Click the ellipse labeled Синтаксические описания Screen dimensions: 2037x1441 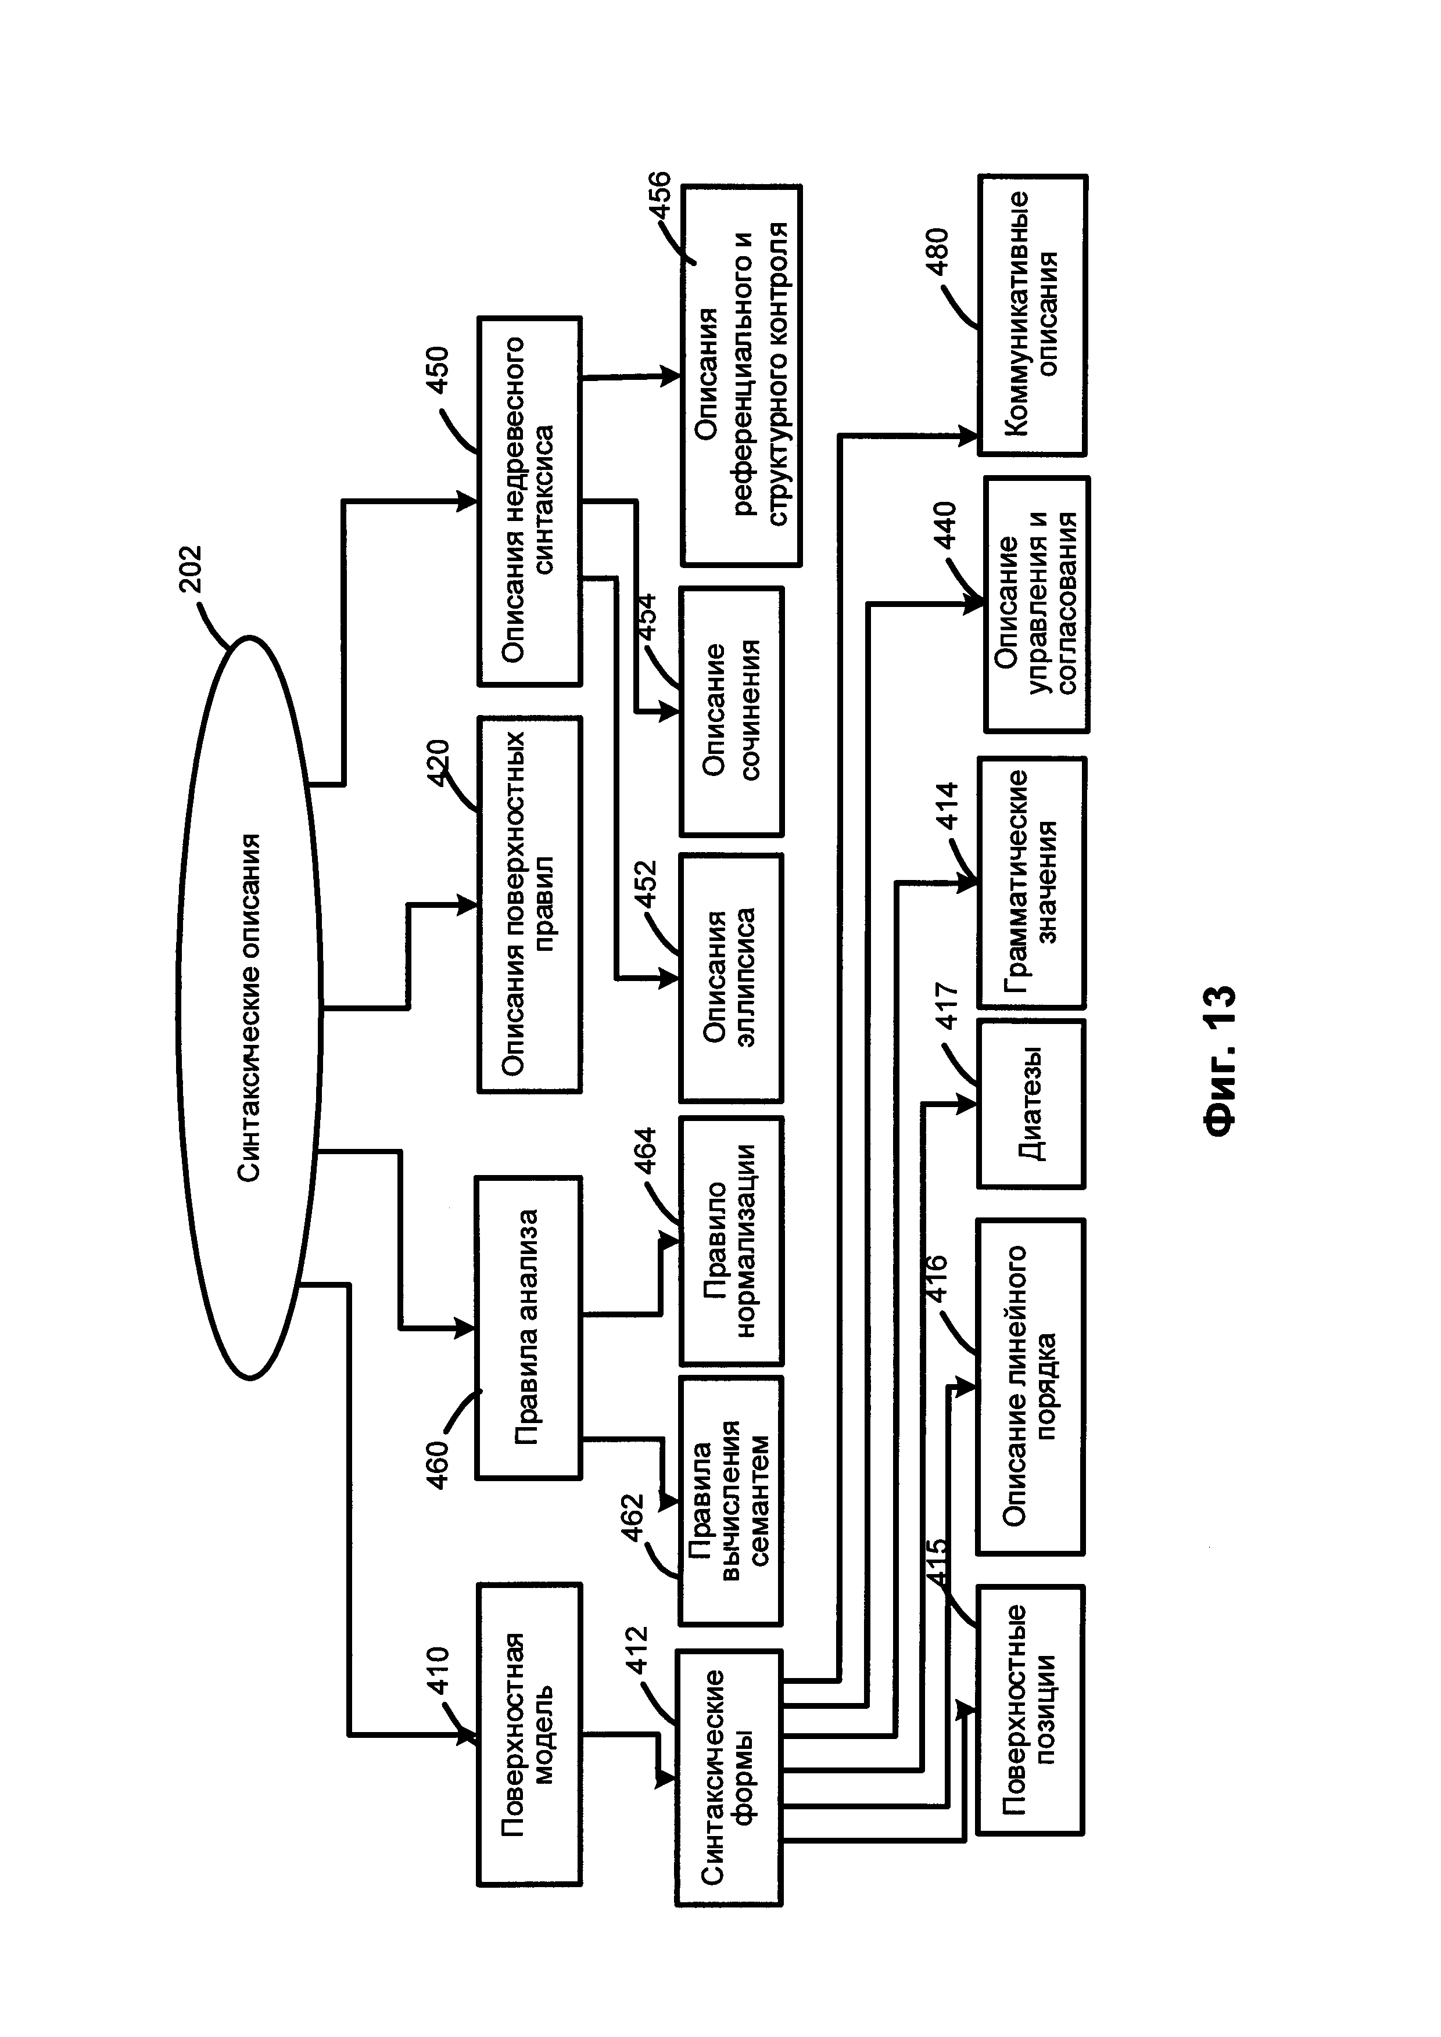[x=249, y=1007]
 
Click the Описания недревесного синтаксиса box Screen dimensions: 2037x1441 [x=530, y=501]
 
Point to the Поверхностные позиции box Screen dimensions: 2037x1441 [x=1030, y=1709]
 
